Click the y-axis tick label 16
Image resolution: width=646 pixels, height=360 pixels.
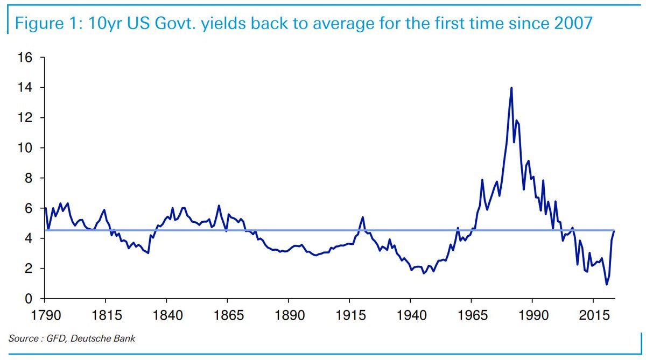pyautogui.click(x=25, y=57)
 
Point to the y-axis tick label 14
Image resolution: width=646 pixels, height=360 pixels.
pyautogui.click(x=25, y=87)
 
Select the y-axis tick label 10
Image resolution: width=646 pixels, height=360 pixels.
pyautogui.click(x=25, y=148)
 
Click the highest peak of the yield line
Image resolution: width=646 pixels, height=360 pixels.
pyautogui.click(x=511, y=88)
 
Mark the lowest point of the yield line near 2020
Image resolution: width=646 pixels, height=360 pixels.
pyautogui.click(x=607, y=285)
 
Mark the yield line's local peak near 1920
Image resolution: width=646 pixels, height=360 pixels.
pyautogui.click(x=363, y=217)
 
